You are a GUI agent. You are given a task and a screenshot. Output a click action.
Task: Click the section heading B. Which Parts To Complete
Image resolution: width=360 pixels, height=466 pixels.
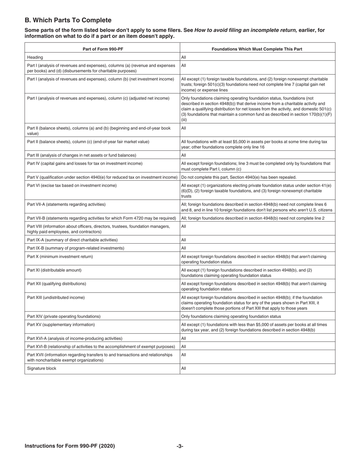click(68, 20)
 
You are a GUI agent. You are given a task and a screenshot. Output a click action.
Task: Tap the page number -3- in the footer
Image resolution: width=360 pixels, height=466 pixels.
click(180, 446)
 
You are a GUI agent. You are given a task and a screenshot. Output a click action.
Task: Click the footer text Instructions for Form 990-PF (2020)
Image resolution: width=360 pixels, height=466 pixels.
click(70, 446)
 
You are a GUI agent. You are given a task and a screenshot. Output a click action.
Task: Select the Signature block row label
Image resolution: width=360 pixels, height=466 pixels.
click(42, 368)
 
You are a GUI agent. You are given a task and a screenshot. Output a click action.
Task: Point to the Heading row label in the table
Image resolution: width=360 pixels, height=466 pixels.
click(35, 57)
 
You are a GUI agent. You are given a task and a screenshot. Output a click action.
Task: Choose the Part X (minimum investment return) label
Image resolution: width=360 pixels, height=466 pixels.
click(60, 256)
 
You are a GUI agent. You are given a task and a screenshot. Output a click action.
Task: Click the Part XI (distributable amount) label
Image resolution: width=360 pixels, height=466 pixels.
click(54, 270)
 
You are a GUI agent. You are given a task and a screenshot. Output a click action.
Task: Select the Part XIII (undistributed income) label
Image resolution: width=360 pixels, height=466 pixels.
click(56, 297)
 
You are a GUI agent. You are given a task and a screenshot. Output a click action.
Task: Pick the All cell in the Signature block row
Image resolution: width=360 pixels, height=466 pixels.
click(184, 368)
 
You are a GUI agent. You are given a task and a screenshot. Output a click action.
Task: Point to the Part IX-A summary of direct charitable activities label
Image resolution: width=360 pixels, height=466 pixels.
click(72, 240)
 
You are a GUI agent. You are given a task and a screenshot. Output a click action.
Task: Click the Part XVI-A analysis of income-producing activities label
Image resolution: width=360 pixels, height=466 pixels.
click(75, 338)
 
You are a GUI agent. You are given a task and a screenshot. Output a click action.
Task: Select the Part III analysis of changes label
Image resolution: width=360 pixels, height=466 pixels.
click(81, 155)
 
